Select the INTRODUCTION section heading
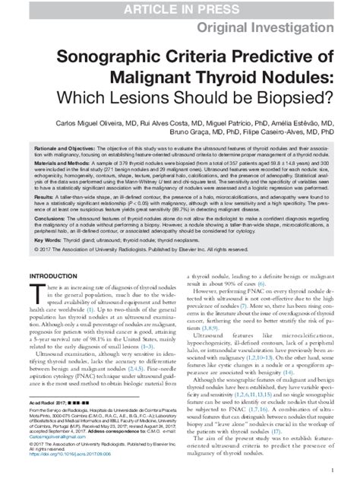pos(54,298)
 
